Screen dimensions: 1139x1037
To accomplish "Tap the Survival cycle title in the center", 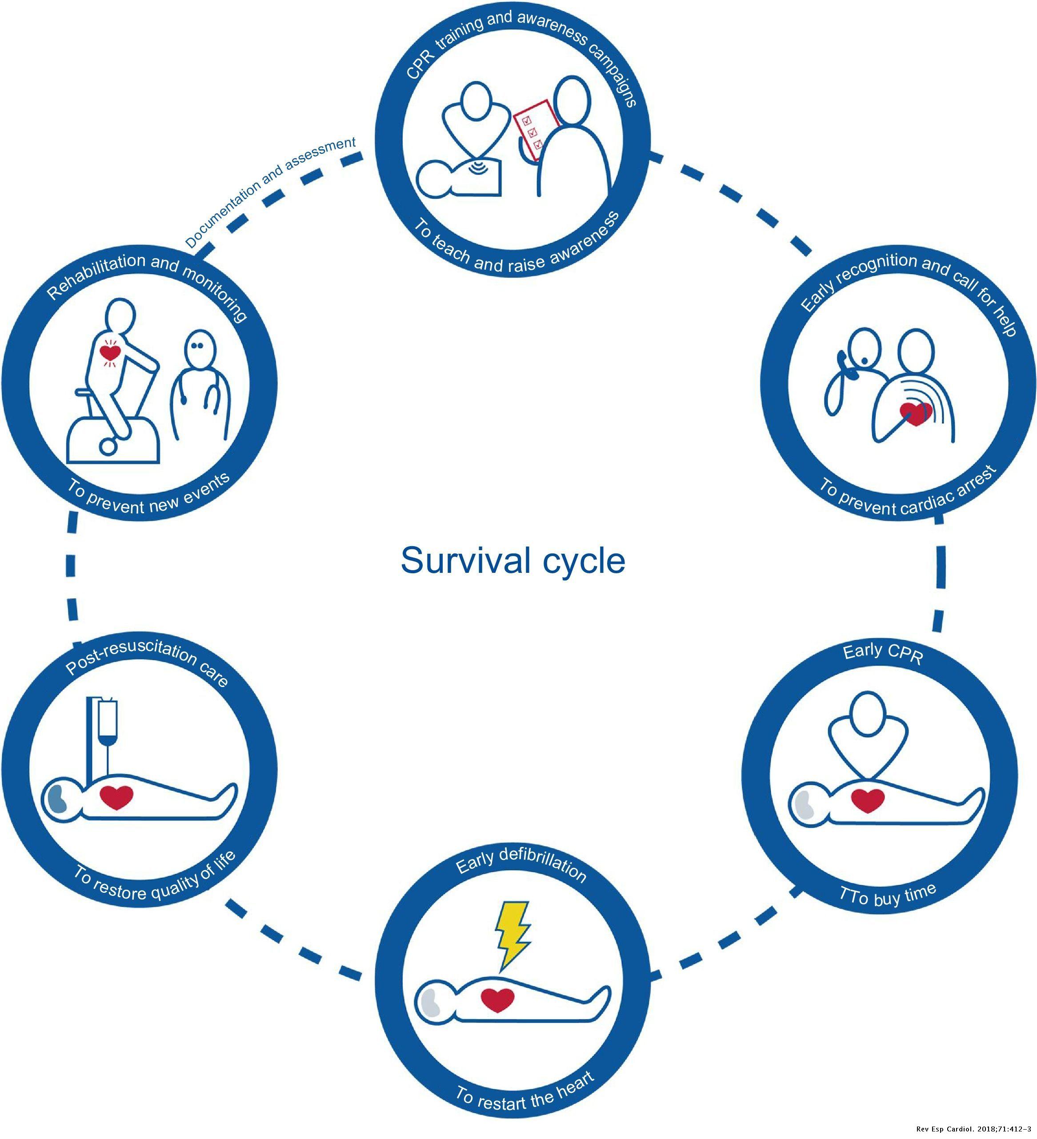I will tap(512, 560).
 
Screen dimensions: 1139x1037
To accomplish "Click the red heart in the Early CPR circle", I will tap(868, 800).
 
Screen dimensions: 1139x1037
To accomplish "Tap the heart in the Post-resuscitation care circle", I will tap(116, 797).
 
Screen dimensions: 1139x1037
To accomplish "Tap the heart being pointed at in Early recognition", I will tap(916, 414).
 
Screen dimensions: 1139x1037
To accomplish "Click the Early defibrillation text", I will tap(521, 867).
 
